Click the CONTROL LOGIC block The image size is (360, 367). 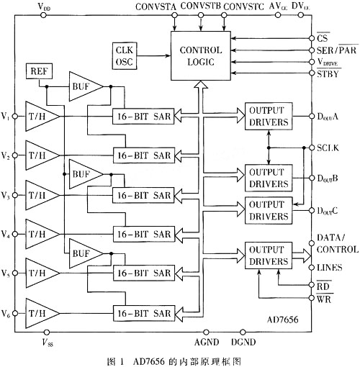(201, 55)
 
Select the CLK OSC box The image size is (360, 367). (125, 56)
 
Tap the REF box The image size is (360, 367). (39, 71)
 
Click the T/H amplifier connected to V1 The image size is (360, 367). (42, 117)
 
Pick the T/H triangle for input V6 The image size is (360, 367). (42, 313)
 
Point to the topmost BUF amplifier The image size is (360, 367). (86, 86)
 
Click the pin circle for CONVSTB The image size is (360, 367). (201, 15)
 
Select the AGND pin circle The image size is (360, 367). (206, 332)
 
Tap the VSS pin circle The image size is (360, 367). (47, 332)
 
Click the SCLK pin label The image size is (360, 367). (328, 148)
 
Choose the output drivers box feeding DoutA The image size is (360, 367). (269, 117)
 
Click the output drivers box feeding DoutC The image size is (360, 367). (269, 211)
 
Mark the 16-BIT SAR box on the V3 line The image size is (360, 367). (143, 196)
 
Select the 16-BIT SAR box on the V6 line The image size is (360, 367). (144, 313)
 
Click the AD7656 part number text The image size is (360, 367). (283, 320)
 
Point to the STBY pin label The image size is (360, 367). (328, 73)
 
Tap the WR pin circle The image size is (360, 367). (312, 298)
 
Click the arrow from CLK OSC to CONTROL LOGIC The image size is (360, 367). (153, 56)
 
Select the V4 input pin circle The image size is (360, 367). (15, 234)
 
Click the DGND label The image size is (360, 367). (243, 342)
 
